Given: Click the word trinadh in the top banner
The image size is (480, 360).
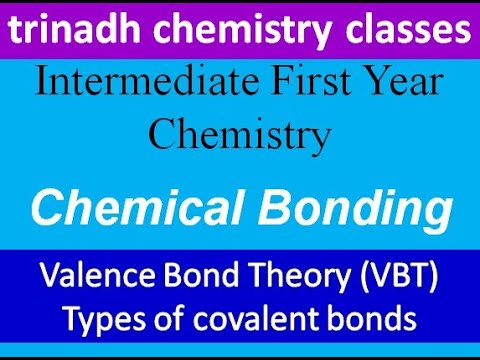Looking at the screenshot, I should pos(68,32).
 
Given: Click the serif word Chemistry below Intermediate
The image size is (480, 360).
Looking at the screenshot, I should pos(240,133).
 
